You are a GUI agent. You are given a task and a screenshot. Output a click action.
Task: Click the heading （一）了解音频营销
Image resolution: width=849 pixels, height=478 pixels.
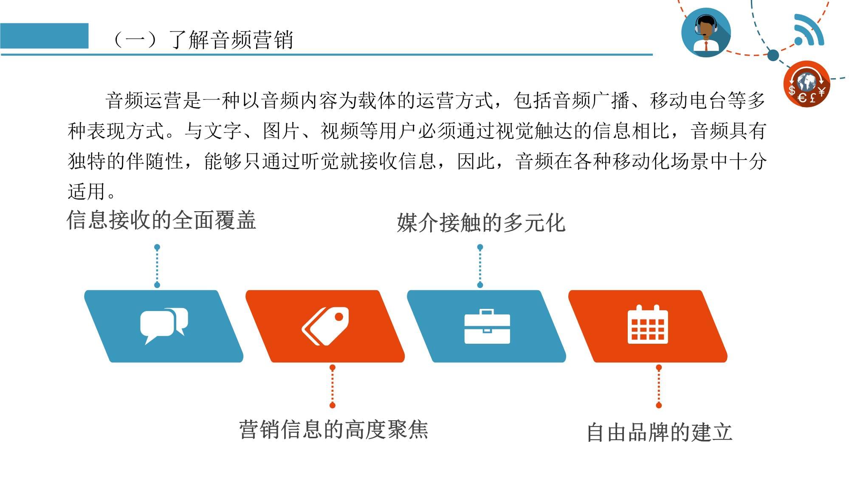(x=202, y=40)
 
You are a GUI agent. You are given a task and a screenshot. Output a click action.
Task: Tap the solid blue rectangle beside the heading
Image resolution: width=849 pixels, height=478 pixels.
(x=44, y=36)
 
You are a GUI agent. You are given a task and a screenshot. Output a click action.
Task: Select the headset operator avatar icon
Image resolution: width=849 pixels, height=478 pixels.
(x=706, y=32)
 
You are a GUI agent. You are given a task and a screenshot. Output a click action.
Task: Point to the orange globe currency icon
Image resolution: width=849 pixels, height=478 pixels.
(x=807, y=84)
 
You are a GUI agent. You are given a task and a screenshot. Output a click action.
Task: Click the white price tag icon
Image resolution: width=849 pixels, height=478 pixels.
(x=325, y=326)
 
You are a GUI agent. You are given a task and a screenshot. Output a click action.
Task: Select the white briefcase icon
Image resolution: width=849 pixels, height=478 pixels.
(x=487, y=326)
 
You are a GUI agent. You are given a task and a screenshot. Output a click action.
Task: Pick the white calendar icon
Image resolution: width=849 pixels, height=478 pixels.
(x=648, y=324)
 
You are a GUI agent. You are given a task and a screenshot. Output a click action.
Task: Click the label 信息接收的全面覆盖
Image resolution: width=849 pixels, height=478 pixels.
(x=161, y=220)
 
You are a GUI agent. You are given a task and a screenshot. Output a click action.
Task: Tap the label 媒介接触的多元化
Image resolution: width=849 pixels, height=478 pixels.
(x=481, y=223)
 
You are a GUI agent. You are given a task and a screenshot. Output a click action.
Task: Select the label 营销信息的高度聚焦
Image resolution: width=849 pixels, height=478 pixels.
(x=333, y=429)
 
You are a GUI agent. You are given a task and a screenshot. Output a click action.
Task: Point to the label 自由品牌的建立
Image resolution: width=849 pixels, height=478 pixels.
(x=660, y=432)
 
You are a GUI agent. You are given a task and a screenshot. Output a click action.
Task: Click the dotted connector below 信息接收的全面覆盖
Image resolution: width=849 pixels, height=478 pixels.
(x=157, y=266)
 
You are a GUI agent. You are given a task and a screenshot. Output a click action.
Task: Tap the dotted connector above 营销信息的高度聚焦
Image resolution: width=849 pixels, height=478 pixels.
(x=333, y=386)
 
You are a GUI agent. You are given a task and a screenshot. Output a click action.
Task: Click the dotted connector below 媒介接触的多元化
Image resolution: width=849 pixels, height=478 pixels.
(x=480, y=266)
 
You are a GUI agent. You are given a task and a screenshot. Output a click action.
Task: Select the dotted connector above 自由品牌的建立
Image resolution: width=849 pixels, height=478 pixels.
(x=659, y=386)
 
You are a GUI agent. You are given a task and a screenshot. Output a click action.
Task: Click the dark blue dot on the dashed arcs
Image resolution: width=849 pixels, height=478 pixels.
(x=773, y=55)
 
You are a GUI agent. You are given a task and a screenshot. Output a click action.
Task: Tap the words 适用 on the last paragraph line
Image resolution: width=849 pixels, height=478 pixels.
(x=87, y=192)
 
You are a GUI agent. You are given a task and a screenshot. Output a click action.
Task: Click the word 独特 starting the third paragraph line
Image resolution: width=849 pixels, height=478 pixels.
(x=87, y=161)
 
